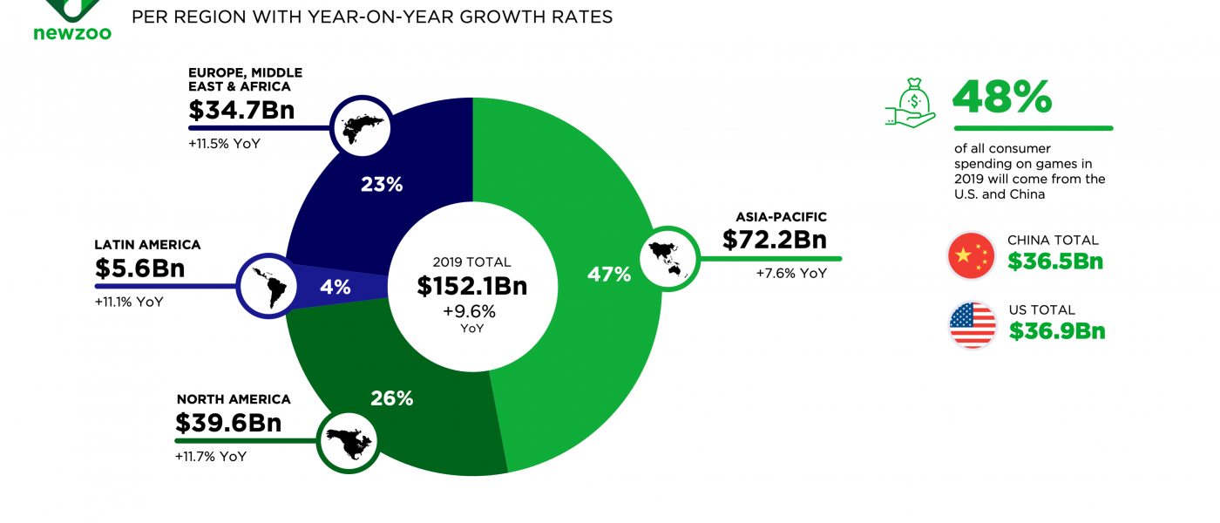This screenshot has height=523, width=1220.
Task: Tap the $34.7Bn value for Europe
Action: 241,111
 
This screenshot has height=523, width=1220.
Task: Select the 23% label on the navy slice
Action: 382,184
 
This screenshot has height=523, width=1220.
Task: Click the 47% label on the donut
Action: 609,275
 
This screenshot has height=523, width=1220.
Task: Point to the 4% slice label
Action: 335,287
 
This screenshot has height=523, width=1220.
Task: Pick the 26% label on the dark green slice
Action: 391,398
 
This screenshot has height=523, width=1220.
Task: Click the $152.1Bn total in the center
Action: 471,286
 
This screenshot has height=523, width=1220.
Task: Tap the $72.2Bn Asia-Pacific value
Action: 774,240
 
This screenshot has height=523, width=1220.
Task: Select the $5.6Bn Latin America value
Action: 139,269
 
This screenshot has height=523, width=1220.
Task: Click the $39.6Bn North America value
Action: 228,423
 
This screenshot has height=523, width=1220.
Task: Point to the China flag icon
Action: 971,255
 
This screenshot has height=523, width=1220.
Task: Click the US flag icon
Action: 973,325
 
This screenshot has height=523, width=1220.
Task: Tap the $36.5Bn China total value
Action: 1055,261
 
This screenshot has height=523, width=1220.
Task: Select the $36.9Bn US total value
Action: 1057,331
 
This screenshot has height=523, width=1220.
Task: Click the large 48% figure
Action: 1002,97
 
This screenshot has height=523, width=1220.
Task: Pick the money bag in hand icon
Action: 911,103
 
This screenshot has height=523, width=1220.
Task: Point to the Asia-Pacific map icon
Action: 669,255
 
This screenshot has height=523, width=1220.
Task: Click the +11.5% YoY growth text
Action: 224,143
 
